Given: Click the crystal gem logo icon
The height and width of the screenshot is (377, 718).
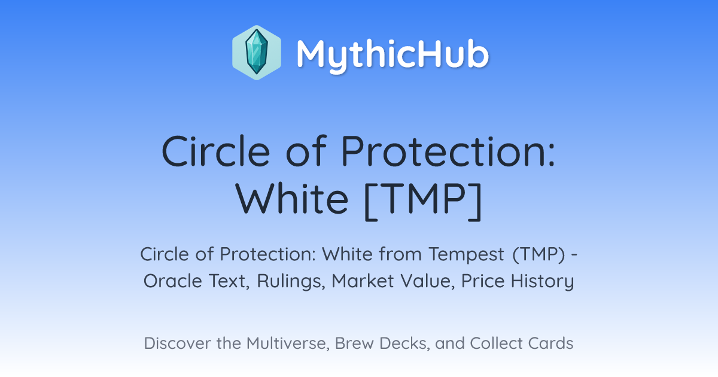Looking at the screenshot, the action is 257,53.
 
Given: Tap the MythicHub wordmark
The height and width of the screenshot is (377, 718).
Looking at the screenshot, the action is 393,54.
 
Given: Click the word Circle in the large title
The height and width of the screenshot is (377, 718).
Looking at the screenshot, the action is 216,151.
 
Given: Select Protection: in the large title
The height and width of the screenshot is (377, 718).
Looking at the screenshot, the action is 448,151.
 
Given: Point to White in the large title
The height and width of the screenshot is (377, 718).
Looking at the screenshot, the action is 292,199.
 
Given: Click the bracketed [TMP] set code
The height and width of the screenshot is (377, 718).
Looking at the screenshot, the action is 423,201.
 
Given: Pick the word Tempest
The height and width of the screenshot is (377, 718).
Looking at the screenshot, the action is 467,254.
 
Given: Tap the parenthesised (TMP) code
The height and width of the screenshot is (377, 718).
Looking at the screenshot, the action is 538,254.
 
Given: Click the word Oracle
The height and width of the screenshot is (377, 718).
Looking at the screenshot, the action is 173,281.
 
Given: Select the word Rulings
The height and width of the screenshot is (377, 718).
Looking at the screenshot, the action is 291,282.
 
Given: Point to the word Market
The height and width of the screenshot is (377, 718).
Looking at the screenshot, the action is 358,281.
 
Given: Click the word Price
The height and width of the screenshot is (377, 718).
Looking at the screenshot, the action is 483,281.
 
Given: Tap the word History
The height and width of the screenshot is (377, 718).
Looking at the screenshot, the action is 542,282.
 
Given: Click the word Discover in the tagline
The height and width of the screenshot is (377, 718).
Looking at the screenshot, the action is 177,343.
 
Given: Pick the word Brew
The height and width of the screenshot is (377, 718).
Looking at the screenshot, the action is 354,343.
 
